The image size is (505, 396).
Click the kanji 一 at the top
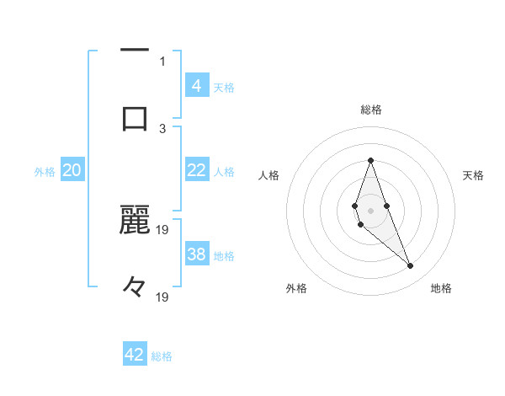click(135, 51)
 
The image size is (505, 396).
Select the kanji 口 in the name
click(135, 117)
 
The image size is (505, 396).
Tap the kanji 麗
click(135, 218)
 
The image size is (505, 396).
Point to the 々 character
click(135, 286)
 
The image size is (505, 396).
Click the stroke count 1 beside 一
click(162, 61)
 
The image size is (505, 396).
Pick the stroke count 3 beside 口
click(162, 128)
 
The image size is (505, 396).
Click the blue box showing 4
click(196, 85)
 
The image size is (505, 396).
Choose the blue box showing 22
click(196, 170)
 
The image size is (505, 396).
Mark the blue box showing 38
click(196, 254)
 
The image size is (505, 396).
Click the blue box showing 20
click(72, 170)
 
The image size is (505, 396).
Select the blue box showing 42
click(135, 355)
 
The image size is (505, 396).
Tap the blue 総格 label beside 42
click(162, 356)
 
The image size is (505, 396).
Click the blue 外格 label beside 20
click(45, 172)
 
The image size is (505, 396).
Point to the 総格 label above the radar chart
click(370, 110)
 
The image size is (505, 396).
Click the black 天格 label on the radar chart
click(473, 175)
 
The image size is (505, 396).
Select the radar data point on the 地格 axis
click(411, 266)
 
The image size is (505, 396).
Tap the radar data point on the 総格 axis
click(370, 160)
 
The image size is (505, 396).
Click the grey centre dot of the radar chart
click(370, 209)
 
